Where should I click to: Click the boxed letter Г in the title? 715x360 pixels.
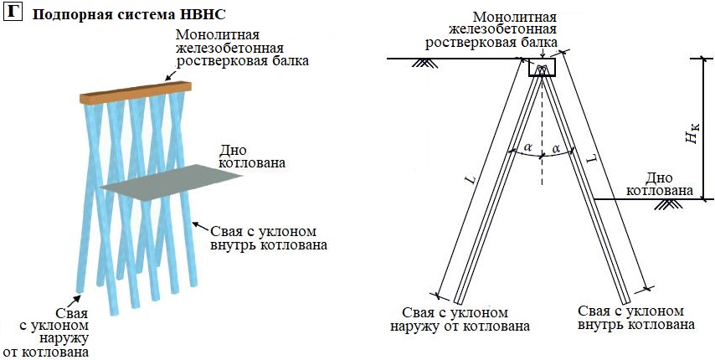(13, 13)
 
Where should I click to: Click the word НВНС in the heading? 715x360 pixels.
(203, 15)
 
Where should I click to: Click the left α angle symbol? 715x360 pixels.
(527, 148)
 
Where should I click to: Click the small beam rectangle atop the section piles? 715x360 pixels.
(542, 69)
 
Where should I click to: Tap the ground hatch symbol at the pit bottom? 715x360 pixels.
(668, 204)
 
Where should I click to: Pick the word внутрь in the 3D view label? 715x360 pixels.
(222, 245)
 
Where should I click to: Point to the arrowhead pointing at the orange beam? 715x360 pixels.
(167, 80)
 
